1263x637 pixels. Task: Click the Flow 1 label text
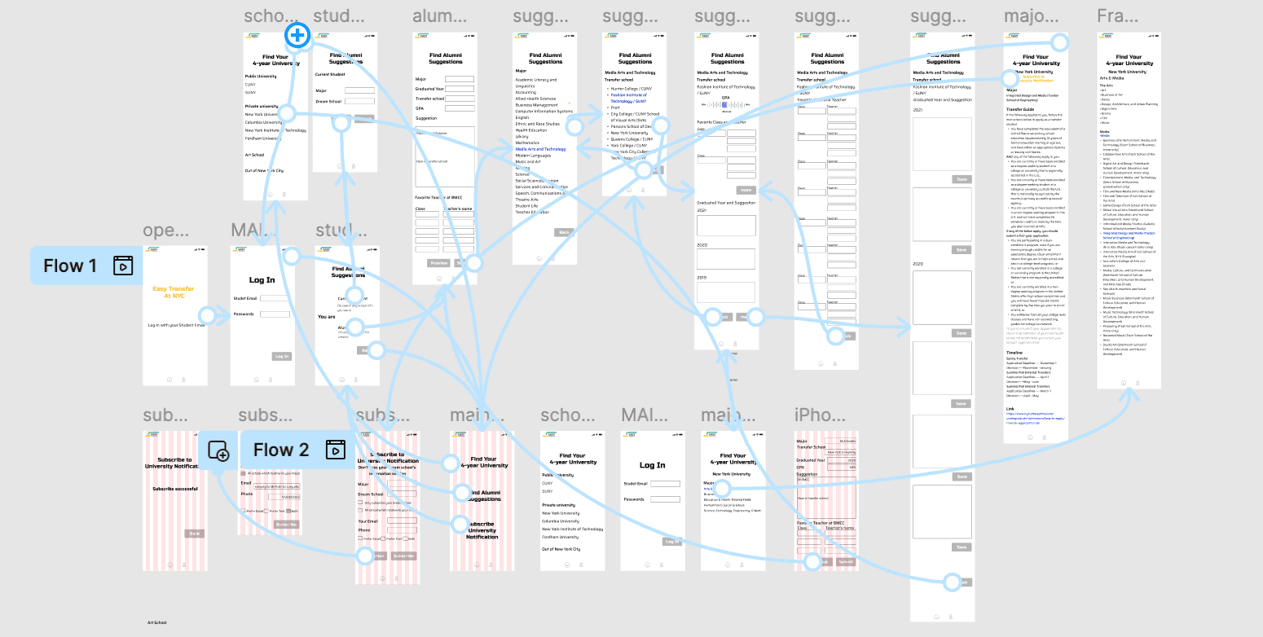pyautogui.click(x=70, y=266)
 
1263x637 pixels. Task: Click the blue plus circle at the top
pyautogui.click(x=297, y=35)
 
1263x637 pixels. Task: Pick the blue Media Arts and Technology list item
pyautogui.click(x=540, y=149)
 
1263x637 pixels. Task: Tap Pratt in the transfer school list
pyautogui.click(x=616, y=108)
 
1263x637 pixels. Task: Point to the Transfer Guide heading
pyautogui.click(x=1020, y=108)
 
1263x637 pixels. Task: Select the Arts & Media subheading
pyautogui.click(x=1112, y=77)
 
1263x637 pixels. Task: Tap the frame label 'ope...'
pyautogui.click(x=160, y=231)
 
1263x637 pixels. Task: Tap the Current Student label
pyautogui.click(x=331, y=75)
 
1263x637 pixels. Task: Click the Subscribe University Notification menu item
pyautogui.click(x=482, y=529)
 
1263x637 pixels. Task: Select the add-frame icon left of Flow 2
pyautogui.click(x=218, y=450)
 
